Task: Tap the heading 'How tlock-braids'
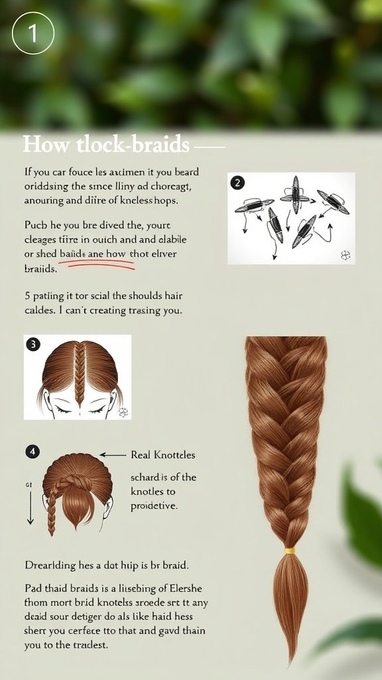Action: [106, 145]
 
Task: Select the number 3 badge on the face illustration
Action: [33, 344]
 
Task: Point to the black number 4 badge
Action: [32, 452]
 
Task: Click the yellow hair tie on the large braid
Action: [290, 551]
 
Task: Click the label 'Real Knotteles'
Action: [163, 456]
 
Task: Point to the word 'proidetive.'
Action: [155, 506]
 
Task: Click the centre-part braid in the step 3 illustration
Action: [80, 375]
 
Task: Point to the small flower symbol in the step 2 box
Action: [344, 254]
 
